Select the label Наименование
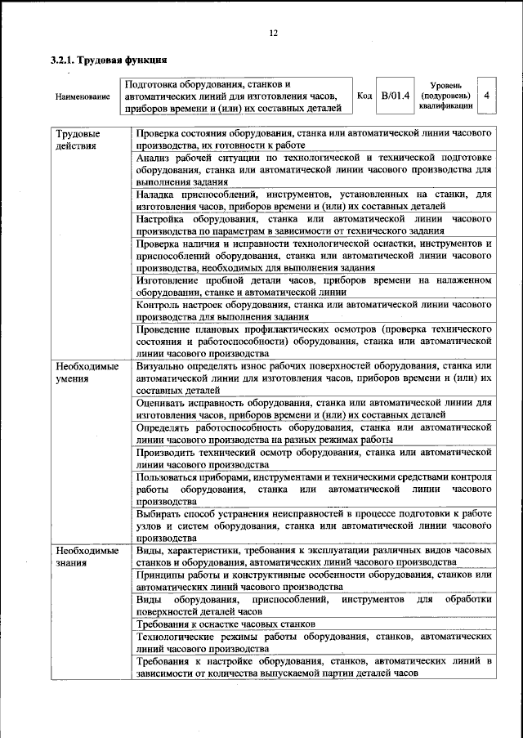[83, 97]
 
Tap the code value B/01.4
[393, 96]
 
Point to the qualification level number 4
[487, 96]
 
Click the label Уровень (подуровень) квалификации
[445, 95]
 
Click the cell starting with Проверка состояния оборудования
[314, 139]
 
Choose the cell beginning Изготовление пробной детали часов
[314, 286]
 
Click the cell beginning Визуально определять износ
[314, 379]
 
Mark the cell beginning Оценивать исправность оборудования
[314, 409]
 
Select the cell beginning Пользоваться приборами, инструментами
[314, 489]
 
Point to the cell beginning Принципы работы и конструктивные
[314, 581]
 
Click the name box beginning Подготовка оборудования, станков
[235, 96]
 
